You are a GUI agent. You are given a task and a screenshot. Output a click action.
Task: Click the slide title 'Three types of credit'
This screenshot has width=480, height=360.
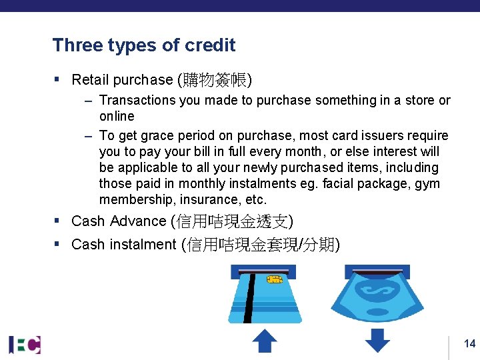tap(144, 45)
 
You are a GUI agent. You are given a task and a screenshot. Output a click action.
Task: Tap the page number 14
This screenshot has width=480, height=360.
tap(469, 344)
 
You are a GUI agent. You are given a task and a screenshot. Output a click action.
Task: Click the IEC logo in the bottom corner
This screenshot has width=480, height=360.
tap(25, 344)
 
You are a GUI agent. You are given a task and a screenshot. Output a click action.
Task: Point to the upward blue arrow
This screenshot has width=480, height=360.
tap(265, 341)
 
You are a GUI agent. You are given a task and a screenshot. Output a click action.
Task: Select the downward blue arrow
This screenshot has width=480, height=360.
tap(377, 341)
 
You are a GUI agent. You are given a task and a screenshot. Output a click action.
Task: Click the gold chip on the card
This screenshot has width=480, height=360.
tap(275, 280)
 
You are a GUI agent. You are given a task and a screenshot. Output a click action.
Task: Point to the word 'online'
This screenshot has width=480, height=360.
tap(117, 117)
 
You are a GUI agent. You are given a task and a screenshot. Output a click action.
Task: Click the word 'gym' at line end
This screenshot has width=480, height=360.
tap(427, 184)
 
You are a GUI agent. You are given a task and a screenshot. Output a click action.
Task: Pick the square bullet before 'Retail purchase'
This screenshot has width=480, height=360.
tap(58, 80)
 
